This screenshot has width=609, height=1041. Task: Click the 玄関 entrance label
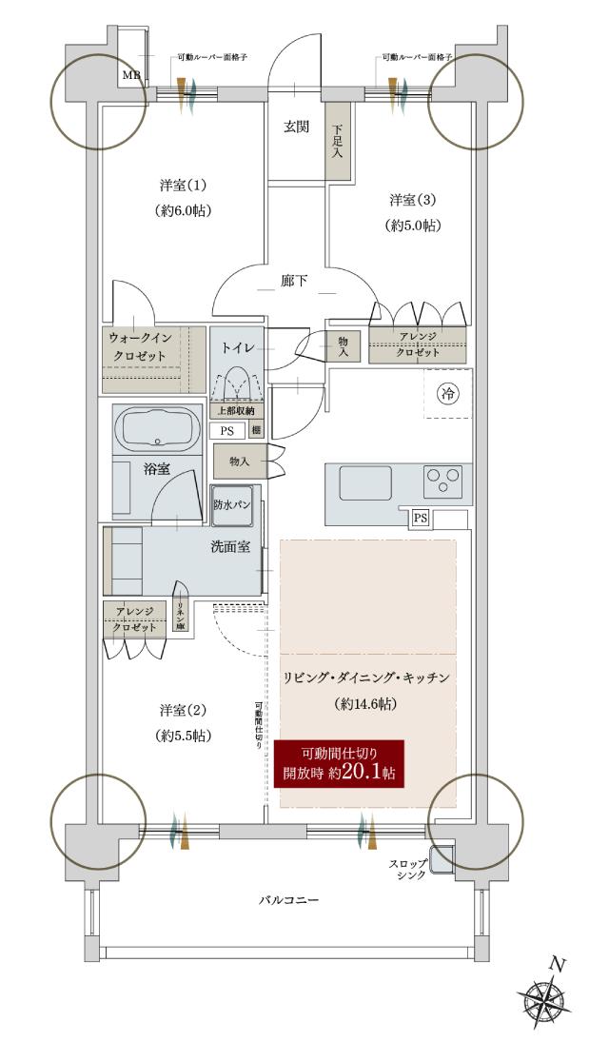(296, 128)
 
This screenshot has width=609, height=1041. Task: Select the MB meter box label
(128, 74)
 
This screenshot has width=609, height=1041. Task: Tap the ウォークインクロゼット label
(143, 346)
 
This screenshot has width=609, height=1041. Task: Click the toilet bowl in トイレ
(238, 385)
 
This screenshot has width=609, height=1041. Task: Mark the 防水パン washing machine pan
(231, 505)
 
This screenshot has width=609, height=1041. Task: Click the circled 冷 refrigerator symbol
(445, 391)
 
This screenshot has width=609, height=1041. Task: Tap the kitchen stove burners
(442, 480)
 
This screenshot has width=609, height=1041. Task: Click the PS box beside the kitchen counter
(419, 518)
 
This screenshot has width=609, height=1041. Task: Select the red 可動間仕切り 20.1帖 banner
(340, 762)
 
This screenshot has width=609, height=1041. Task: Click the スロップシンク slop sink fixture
(442, 858)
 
